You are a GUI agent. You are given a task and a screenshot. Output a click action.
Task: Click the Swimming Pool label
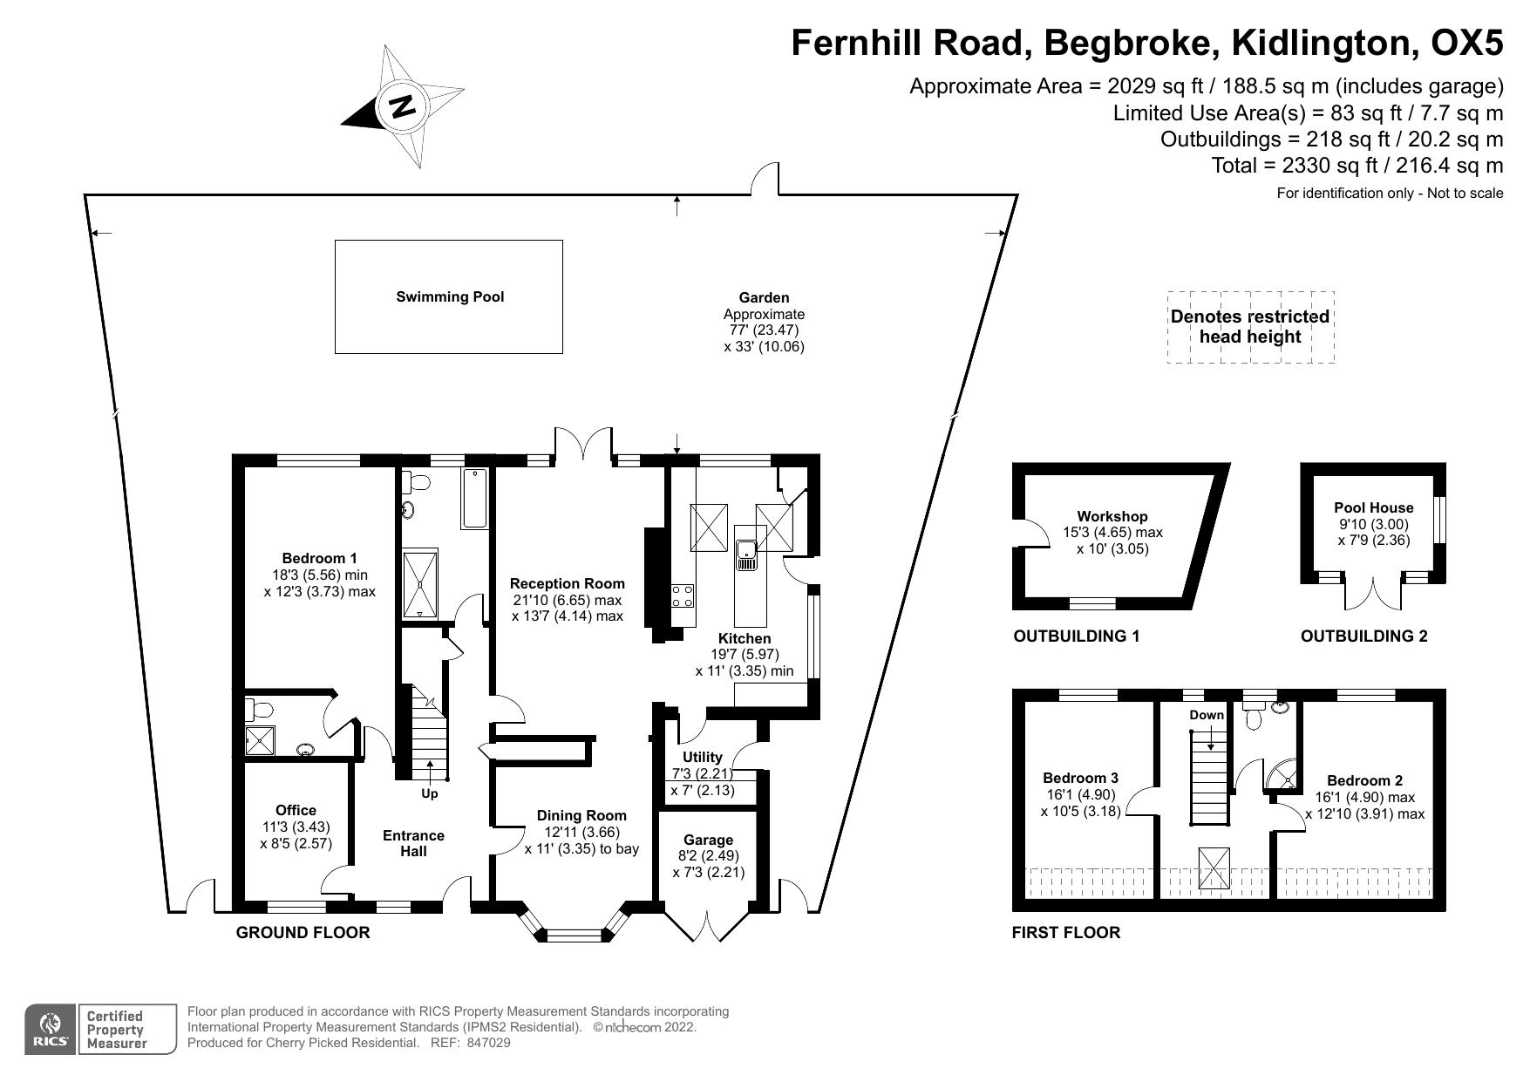point(450,296)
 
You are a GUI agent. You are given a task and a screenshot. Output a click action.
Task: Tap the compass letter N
point(402,106)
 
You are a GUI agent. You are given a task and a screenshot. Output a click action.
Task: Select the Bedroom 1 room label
point(319,558)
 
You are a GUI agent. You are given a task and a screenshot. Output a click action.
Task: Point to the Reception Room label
point(568,583)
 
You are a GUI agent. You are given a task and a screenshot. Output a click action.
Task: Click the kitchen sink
point(747,555)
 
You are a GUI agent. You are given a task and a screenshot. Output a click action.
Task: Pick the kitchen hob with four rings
point(683,596)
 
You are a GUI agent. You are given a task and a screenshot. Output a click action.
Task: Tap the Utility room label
point(702,757)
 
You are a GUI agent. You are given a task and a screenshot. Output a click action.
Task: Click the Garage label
point(708,840)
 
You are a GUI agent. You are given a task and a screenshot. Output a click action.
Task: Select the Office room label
point(296,810)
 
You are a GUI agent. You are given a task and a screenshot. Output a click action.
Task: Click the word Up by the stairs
point(430,793)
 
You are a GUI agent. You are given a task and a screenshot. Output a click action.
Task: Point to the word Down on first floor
point(1207,715)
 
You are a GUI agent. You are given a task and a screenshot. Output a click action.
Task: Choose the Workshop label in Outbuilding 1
point(1112,516)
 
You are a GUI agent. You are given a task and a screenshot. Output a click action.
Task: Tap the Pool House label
point(1373,507)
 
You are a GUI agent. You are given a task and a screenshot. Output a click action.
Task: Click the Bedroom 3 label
point(1080,778)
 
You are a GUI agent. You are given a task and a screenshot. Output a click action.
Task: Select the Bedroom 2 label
point(1364,780)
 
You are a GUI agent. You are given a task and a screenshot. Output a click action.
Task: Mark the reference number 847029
point(488,1042)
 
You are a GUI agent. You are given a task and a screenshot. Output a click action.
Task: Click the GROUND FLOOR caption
point(303,932)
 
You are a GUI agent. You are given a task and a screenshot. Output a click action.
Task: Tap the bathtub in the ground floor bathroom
point(474,498)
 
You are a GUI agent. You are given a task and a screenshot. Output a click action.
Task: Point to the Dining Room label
point(581,815)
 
